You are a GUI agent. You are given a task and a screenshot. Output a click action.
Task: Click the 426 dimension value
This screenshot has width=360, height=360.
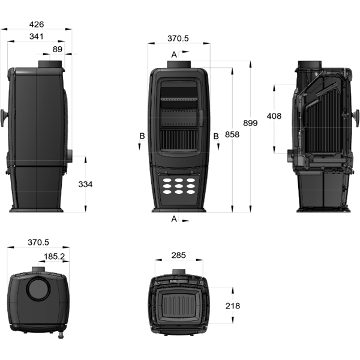pos(37,25)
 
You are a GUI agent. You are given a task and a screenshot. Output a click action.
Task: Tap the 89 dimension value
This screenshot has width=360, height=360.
pos(58,49)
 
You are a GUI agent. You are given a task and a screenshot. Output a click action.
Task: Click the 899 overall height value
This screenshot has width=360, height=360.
pos(250,123)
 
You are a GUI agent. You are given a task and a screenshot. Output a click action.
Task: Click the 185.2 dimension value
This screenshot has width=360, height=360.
pos(55,257)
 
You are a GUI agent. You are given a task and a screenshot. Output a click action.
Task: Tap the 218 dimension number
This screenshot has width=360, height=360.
pos(233,306)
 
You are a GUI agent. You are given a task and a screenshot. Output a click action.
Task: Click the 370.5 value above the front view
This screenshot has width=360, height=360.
pos(178,38)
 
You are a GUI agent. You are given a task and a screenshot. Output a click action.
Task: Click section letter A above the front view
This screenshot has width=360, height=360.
pos(175,55)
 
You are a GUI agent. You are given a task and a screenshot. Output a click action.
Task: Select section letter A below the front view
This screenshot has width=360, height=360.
pos(175,219)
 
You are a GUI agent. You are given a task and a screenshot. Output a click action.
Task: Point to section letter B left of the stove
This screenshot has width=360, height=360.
pos(142,136)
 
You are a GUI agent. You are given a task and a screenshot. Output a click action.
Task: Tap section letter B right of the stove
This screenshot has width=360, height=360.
pos(215,136)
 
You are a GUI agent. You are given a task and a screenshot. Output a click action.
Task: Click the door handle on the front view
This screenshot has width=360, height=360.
pos(202,118)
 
